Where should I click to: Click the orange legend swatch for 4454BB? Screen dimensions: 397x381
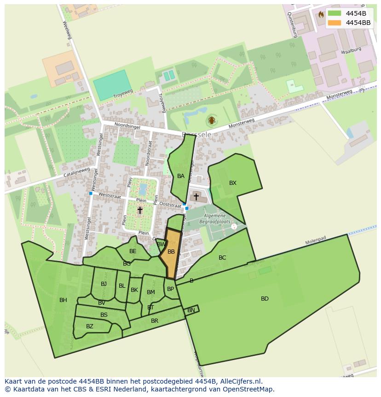[335, 23]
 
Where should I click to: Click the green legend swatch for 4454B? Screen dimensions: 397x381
[335, 13]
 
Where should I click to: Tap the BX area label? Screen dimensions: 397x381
[233, 183]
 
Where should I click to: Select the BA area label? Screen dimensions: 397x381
[181, 176]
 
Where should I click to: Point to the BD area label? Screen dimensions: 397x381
[265, 299]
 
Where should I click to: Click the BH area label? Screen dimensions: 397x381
[63, 300]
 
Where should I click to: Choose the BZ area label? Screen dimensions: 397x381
[90, 326]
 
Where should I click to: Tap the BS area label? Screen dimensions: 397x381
[104, 315]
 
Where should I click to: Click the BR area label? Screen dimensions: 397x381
[155, 321]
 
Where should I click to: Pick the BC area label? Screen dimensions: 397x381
[222, 258]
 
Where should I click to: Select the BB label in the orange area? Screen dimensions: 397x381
[171, 252]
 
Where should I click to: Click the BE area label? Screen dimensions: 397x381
[133, 251]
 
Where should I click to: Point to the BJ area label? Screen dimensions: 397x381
[104, 284]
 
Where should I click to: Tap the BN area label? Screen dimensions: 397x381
[191, 311]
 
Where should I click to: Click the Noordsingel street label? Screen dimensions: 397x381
[114, 124]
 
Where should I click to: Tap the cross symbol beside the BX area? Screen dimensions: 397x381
[196, 196]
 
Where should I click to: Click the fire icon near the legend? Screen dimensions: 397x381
[321, 14]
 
